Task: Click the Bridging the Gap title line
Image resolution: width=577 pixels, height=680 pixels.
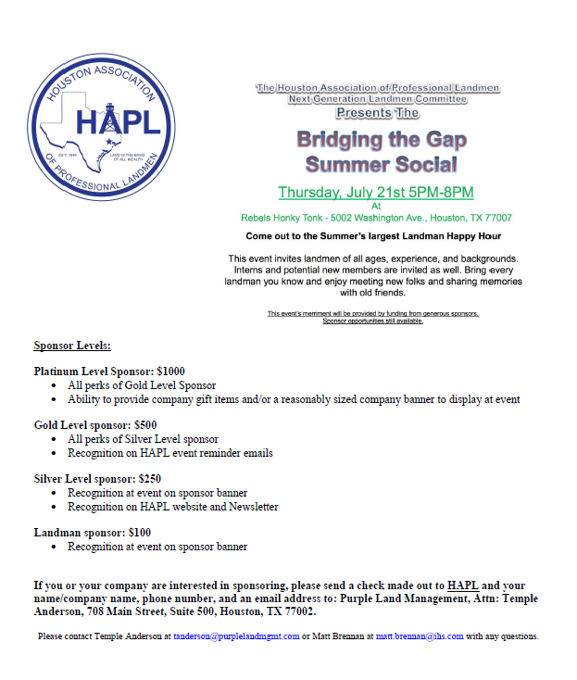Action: (382, 141)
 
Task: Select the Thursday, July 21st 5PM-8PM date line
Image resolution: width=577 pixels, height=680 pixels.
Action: (375, 193)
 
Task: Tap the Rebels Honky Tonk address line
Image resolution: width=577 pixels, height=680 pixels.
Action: (375, 218)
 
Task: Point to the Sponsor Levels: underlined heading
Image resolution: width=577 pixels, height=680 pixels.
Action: (72, 346)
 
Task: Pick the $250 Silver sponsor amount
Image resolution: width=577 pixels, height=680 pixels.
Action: (149, 479)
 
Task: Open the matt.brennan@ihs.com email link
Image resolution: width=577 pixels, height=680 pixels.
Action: (420, 636)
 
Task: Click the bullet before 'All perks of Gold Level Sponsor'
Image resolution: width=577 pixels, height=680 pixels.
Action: (56, 385)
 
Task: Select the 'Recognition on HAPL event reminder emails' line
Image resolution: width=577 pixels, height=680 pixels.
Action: (169, 453)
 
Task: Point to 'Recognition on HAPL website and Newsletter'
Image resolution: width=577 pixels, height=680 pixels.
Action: (172, 507)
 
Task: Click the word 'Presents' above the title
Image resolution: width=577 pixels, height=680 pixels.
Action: (363, 113)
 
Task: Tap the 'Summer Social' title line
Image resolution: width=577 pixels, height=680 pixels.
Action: (382, 166)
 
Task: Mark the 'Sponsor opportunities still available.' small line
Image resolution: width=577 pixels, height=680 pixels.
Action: (372, 321)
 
